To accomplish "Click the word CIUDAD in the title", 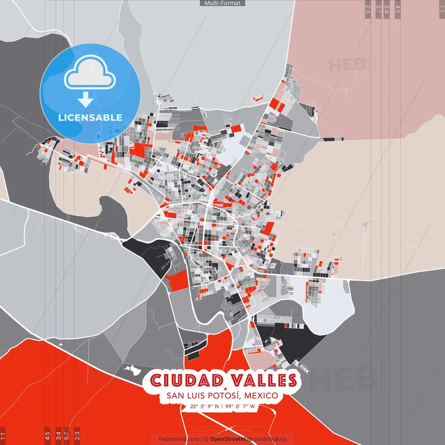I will click(187, 380).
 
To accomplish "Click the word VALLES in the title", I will click(264, 380).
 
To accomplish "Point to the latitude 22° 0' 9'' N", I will click(204, 406).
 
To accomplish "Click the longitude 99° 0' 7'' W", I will click(240, 406).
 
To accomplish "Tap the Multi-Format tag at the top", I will click(222, 3).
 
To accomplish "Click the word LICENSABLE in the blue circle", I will click(90, 118).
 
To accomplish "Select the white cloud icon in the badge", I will click(90, 72).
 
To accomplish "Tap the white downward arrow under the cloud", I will click(86, 99).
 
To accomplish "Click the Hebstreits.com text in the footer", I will click(179, 439).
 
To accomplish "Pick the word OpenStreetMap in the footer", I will click(231, 439).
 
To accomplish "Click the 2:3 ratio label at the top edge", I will click(367, 9).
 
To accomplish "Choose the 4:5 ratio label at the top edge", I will click(398, 9).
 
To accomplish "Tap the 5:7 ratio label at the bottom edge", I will click(67, 435).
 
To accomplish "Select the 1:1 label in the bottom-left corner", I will click(3, 435).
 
